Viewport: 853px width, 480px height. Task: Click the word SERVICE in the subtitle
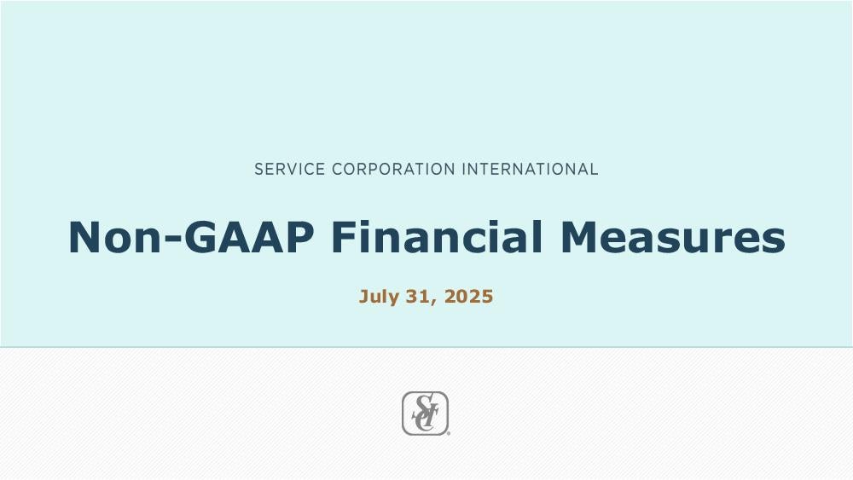click(289, 169)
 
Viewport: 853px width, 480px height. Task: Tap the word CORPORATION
click(393, 169)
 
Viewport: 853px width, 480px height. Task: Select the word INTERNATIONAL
click(531, 169)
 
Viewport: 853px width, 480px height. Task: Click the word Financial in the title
click(437, 237)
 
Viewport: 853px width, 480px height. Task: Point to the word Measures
click(673, 237)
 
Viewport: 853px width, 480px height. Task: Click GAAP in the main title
click(249, 237)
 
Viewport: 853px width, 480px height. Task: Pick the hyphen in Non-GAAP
click(172, 240)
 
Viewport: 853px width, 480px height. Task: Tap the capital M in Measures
click(579, 237)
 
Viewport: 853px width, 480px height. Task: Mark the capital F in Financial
click(345, 237)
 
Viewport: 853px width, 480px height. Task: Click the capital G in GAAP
click(200, 237)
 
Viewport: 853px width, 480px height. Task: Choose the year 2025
click(469, 297)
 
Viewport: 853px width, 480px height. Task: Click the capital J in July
click(363, 297)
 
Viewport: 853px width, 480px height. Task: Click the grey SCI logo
click(426, 413)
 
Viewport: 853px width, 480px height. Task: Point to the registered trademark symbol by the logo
click(449, 434)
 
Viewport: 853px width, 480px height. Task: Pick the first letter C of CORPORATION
click(337, 169)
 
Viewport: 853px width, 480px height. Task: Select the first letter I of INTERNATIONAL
click(463, 169)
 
